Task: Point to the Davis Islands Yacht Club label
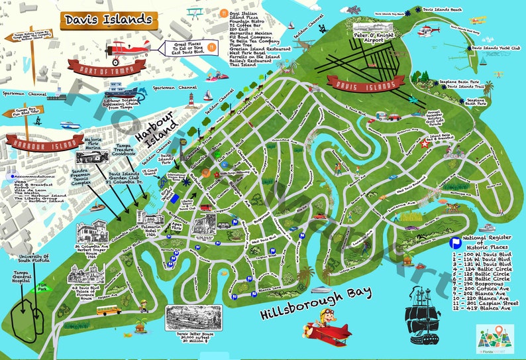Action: pos(498,48)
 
